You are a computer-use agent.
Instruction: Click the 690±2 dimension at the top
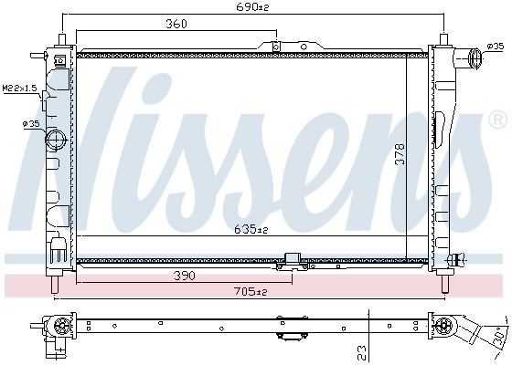252,7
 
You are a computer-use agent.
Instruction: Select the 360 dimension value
176,24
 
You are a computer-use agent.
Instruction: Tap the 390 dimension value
185,276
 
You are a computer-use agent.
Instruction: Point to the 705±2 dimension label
251,291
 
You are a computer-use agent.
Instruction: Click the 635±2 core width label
251,230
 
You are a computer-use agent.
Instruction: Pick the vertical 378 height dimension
400,154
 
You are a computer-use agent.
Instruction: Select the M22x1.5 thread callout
19,88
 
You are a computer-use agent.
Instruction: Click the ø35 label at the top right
496,47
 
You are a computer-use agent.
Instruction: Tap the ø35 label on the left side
31,123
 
